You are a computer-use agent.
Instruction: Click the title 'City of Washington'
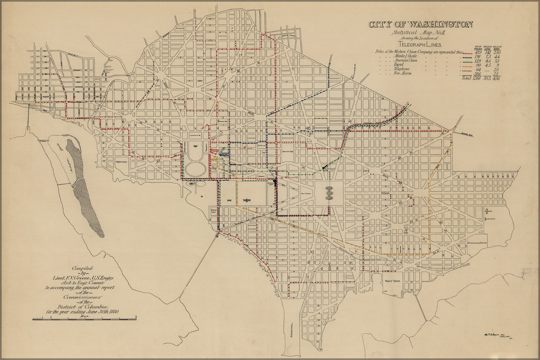pyautogui.click(x=420, y=24)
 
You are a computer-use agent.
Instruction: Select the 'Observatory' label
pyautogui.click(x=122, y=162)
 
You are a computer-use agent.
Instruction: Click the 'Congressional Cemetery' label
pyautogui.click(x=477, y=243)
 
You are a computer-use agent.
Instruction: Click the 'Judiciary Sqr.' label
pyautogui.click(x=288, y=152)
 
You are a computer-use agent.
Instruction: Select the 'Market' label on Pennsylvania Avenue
pyautogui.click(x=262, y=176)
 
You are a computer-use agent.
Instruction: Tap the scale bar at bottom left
pyautogui.click(x=84, y=318)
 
